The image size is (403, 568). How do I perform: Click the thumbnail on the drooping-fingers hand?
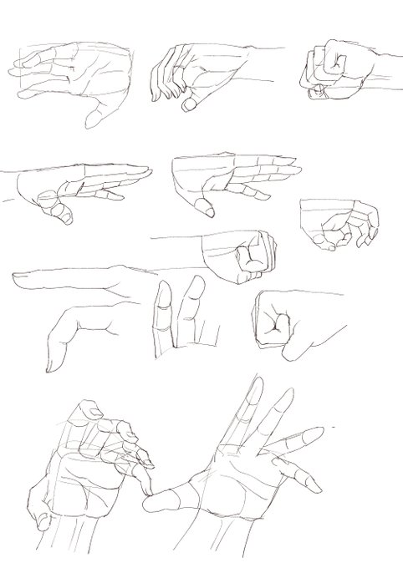click(191, 104)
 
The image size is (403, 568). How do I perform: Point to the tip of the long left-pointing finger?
click(18, 273)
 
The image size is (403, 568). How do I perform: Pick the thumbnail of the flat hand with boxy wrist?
click(203, 206)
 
